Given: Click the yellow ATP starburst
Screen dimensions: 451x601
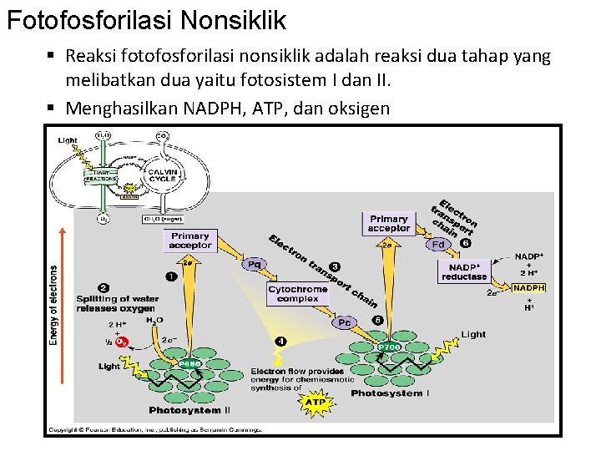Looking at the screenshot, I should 315,403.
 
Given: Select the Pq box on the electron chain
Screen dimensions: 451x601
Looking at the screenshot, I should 255,264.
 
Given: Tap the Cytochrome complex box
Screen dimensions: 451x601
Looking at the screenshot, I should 298,294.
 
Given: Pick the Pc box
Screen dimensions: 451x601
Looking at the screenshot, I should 343,322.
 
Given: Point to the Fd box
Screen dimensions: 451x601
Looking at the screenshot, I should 438,245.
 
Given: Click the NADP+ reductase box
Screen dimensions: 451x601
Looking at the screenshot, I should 464,271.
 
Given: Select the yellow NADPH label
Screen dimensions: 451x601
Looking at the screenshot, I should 528,287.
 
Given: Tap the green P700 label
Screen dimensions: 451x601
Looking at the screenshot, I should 389,346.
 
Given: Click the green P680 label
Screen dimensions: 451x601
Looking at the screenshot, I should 188,362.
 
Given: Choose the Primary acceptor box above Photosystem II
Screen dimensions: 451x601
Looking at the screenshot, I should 190,241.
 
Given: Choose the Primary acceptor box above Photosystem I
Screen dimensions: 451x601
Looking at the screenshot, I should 388,223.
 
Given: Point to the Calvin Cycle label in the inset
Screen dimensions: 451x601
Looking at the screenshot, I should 161,174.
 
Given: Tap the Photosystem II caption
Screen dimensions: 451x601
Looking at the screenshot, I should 189,410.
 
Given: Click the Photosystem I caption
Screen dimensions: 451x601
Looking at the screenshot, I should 391,393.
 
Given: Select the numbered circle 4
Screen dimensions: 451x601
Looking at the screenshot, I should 281,341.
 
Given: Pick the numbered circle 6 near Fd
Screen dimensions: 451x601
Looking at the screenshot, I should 465,243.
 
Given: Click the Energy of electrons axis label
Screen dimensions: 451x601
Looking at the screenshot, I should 55,305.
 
